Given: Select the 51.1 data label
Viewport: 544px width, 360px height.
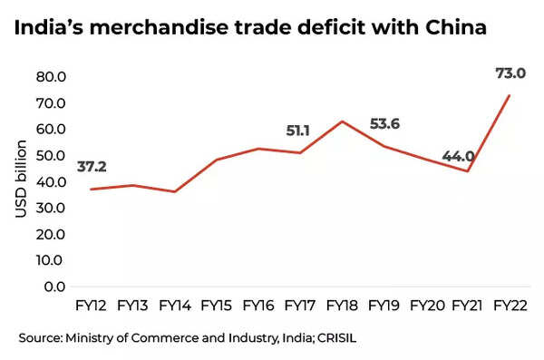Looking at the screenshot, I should tap(299, 131).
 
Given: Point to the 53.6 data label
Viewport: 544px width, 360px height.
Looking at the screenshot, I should tap(385, 124).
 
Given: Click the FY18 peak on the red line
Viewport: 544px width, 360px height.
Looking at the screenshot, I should tap(341, 122).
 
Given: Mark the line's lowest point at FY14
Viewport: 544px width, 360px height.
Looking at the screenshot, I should tap(175, 191).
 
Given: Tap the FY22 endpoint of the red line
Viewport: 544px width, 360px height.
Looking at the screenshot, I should tap(509, 95).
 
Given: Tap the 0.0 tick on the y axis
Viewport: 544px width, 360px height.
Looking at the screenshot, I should tap(58, 287).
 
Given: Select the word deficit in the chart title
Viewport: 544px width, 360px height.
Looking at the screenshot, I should tap(294, 28).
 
